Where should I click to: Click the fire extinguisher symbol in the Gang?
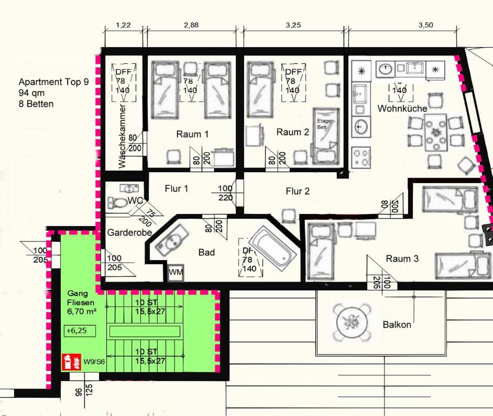click(67, 362)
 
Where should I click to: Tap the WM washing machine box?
click(176, 273)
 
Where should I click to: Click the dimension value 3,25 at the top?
click(293, 25)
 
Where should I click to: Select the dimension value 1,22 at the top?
click(123, 25)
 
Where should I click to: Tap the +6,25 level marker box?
click(74, 331)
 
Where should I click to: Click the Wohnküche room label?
click(402, 108)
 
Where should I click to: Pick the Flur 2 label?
click(297, 192)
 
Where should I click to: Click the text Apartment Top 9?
click(53, 82)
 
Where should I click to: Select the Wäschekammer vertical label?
click(123, 136)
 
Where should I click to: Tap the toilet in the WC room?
click(119, 202)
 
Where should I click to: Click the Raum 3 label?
click(402, 258)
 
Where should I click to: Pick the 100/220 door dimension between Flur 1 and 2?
click(225, 193)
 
